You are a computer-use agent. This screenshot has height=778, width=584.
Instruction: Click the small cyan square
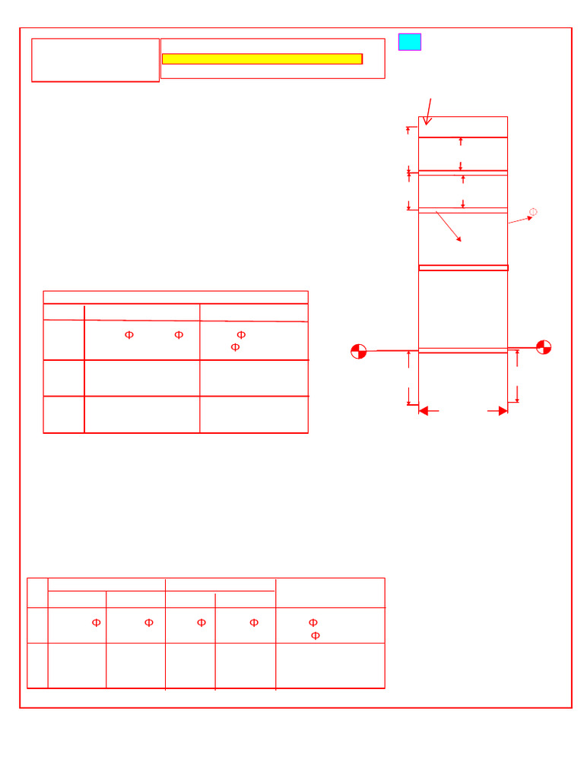[409, 42]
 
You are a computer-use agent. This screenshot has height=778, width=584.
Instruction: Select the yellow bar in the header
[262, 59]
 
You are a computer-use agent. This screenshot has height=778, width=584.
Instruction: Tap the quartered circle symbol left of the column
[359, 351]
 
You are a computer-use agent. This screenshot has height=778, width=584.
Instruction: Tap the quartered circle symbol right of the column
[544, 347]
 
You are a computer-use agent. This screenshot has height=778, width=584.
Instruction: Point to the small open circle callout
[533, 212]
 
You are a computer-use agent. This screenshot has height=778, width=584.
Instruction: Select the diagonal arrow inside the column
[448, 226]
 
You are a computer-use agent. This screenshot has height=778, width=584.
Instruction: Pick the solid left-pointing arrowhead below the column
[424, 411]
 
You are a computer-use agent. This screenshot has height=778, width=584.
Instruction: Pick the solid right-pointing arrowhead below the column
[503, 411]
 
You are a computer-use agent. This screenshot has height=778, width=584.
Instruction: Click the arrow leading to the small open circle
[520, 220]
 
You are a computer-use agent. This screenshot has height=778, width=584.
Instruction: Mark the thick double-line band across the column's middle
[463, 267]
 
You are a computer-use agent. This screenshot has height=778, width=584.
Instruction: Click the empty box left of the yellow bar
[95, 60]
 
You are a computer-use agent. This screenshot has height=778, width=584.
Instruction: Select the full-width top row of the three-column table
[176, 297]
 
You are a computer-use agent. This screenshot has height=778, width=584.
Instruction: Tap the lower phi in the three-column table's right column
[235, 347]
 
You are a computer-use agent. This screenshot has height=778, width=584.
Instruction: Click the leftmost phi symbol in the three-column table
[129, 335]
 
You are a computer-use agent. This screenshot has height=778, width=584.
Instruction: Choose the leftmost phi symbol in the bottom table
[97, 623]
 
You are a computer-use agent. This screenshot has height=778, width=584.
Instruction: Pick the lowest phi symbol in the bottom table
[316, 636]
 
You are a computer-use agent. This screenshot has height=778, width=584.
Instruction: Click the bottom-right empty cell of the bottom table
[330, 666]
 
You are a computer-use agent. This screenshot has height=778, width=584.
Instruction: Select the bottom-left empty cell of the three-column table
[64, 415]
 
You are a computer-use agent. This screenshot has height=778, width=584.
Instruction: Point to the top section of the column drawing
[463, 127]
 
